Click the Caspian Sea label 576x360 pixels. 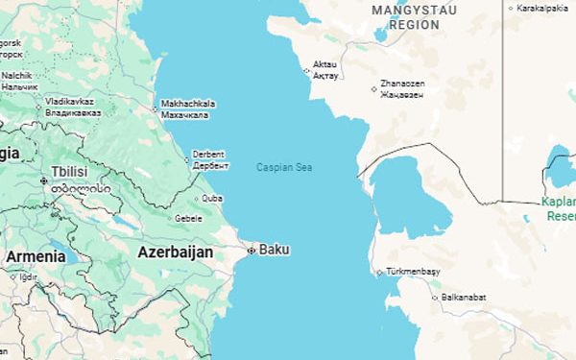click(284, 168)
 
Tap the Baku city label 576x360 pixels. click(274, 250)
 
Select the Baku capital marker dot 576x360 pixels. click(252, 251)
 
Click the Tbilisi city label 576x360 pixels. click(70, 171)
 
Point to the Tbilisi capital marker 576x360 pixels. click(43, 180)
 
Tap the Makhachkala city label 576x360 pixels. click(189, 104)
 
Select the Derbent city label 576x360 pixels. click(208, 154)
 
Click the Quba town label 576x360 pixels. click(212, 200)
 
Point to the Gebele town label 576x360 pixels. click(188, 218)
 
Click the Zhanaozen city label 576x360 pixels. click(402, 84)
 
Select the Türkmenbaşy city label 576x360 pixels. click(412, 272)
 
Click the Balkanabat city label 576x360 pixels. click(465, 298)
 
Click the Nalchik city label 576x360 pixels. click(14, 75)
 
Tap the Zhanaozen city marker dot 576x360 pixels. click(373, 89)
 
